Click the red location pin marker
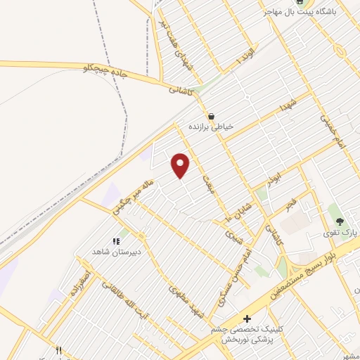click(x=181, y=165)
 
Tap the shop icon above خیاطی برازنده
click(x=210, y=116)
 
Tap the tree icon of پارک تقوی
click(x=340, y=221)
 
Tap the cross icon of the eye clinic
click(x=247, y=319)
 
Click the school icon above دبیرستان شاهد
click(x=116, y=241)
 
